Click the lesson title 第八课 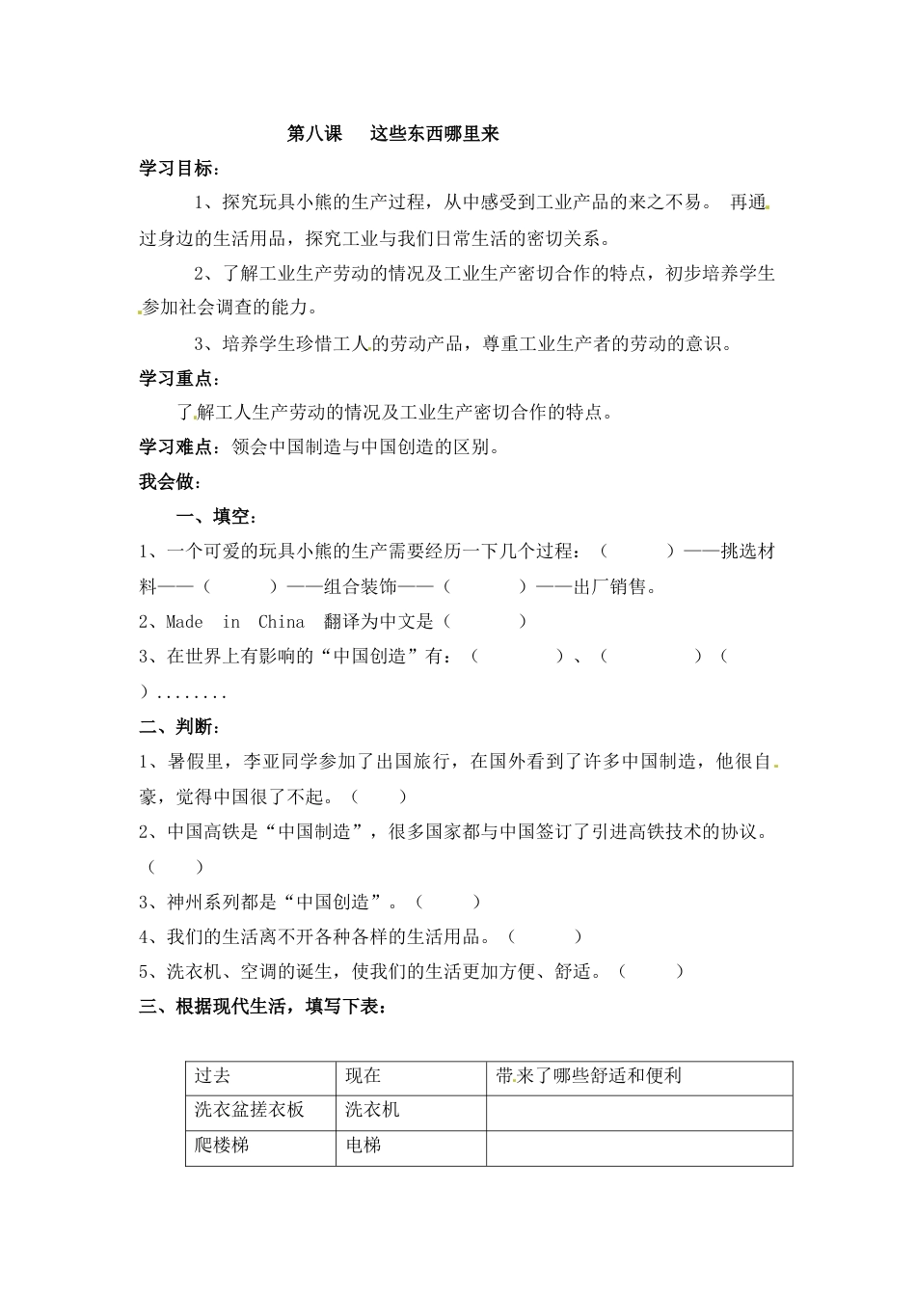click(315, 134)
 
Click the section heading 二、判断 click(179, 726)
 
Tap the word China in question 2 click(281, 622)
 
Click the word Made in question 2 click(184, 622)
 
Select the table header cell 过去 click(213, 1076)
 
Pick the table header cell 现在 click(364, 1076)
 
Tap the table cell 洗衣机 click(372, 1111)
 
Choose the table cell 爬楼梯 click(222, 1146)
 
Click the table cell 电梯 click(364, 1146)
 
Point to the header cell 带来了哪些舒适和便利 click(589, 1076)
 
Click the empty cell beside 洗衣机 click(638, 1112)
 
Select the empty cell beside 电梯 click(638, 1147)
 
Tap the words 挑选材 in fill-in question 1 click(747, 552)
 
